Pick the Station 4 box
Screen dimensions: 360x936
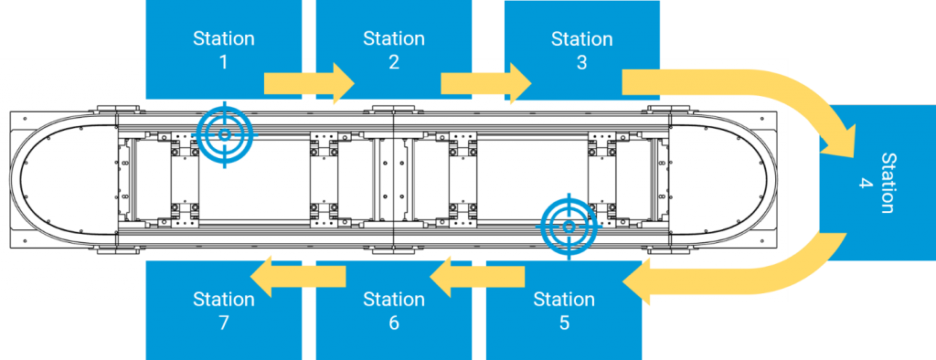(x=877, y=183)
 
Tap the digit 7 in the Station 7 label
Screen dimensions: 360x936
(x=224, y=323)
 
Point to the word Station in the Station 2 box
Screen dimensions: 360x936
(x=394, y=38)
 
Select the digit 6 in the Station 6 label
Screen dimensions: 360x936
(x=394, y=323)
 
